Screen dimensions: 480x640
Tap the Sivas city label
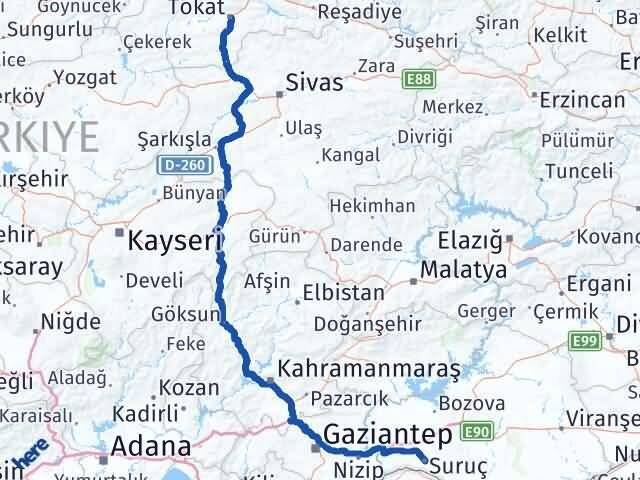(x=314, y=82)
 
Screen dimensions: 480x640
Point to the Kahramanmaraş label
(x=369, y=368)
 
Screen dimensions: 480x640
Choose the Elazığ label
(x=471, y=241)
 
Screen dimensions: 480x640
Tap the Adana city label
(x=150, y=446)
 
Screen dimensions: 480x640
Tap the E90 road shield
(x=475, y=432)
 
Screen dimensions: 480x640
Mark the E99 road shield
(x=585, y=342)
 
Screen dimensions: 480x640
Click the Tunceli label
(x=576, y=171)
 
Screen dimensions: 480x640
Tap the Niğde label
(x=69, y=322)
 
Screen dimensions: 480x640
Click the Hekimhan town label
(x=373, y=205)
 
